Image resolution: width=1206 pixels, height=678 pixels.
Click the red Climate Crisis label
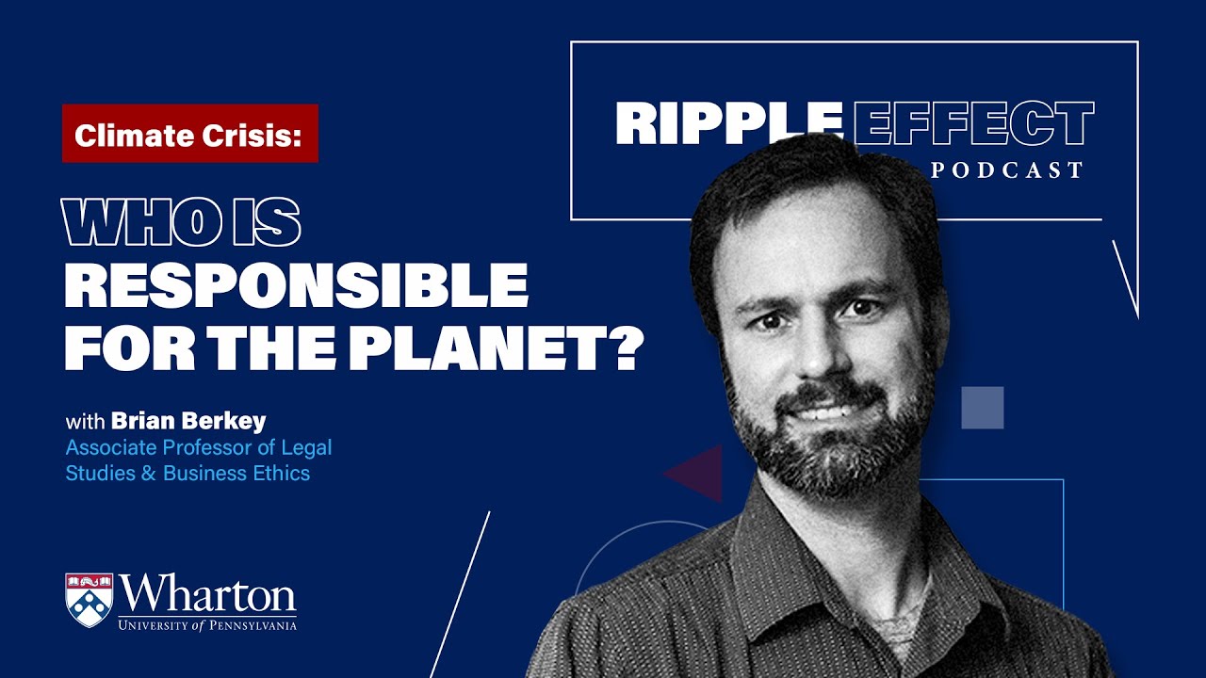(189, 134)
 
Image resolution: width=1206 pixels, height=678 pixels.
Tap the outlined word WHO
(134, 225)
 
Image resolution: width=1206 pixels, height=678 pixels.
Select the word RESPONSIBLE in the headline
(296, 285)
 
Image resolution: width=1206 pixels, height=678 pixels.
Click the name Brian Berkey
(188, 420)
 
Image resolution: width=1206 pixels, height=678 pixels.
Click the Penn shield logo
(90, 600)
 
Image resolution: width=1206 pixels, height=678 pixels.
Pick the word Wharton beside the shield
(207, 594)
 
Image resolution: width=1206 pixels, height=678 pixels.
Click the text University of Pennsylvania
(207, 624)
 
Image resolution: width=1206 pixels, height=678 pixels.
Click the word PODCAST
(1006, 170)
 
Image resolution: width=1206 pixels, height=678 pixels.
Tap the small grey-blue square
(982, 408)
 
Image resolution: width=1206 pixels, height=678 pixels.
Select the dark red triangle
(697, 473)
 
